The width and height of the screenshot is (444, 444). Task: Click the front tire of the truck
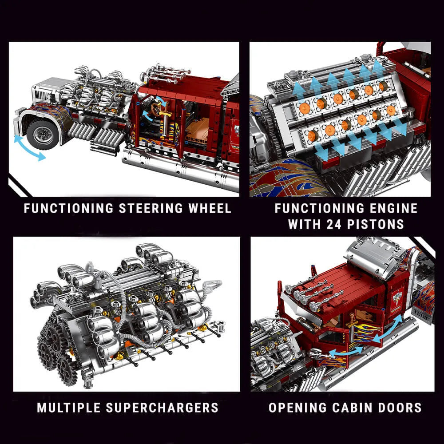coord(43,133)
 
